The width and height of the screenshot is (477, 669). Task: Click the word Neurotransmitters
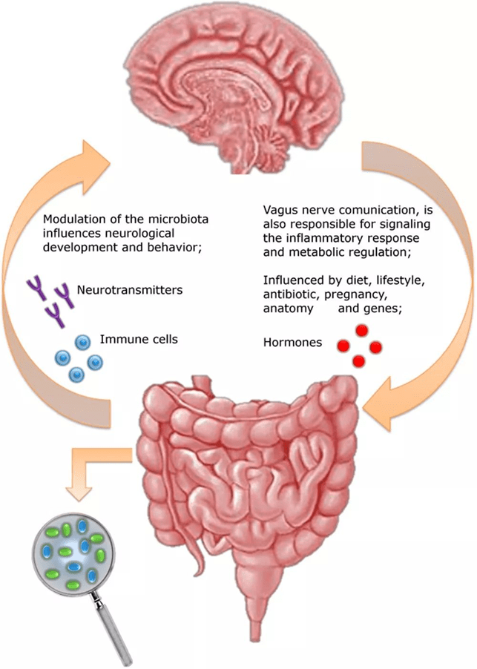119,289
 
